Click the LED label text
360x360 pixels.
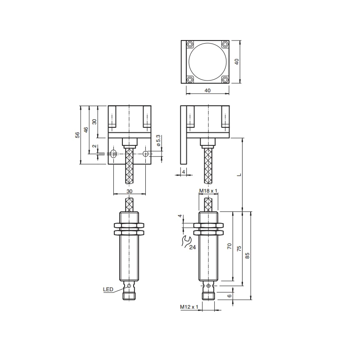[108, 289]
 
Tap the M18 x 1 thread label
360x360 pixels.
[208, 190]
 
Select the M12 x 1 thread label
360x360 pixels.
[189, 307]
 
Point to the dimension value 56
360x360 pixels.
[77, 135]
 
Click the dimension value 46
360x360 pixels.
[86, 130]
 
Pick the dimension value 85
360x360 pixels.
[247, 256]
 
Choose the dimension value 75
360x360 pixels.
[239, 248]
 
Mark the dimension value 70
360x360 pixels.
[229, 246]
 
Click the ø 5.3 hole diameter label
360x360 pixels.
[158, 140]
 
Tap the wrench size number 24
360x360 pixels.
[193, 247]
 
